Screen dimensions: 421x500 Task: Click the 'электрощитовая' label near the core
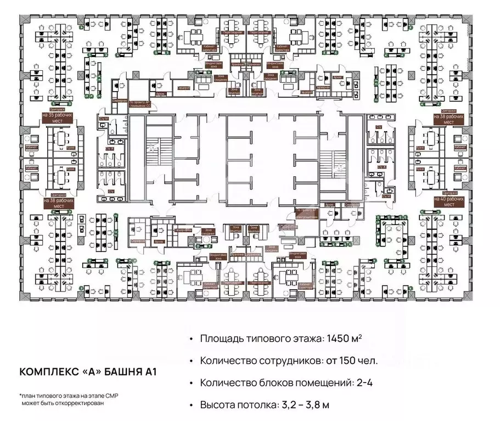point(305,215)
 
